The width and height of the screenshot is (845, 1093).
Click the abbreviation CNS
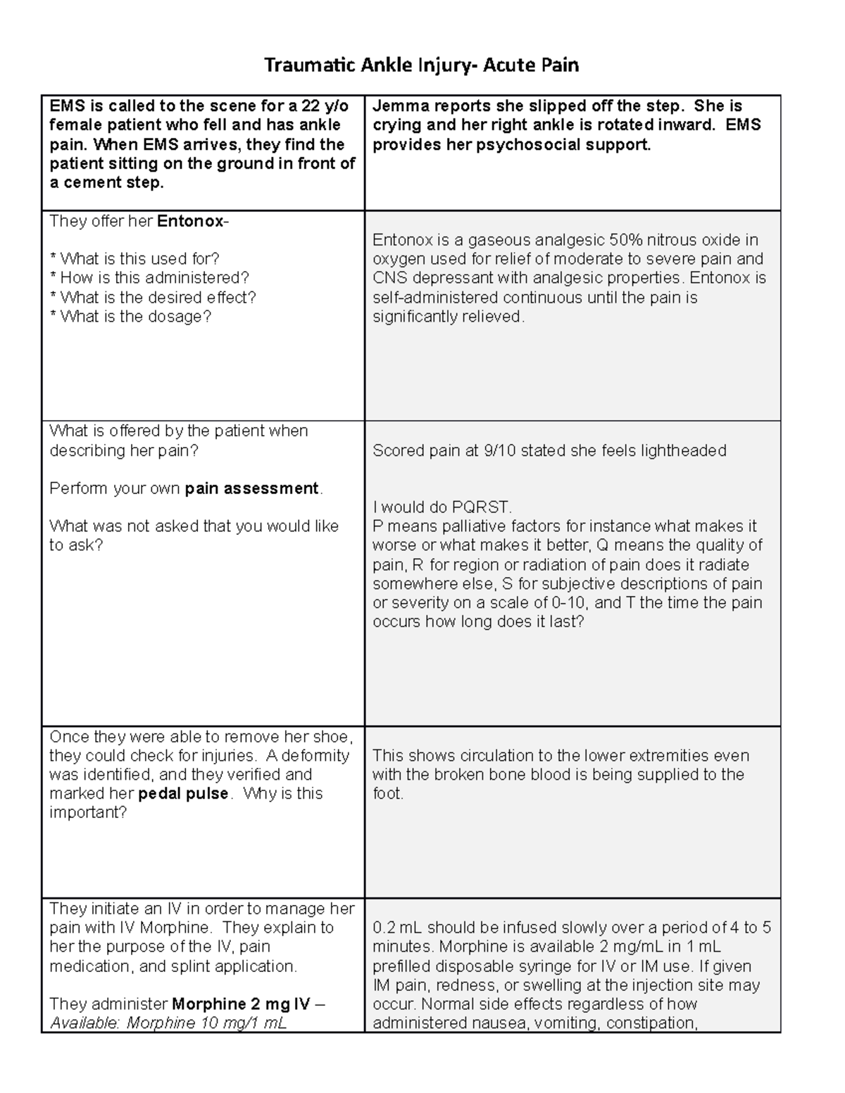[389, 278]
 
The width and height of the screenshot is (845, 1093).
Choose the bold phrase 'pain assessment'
[251, 488]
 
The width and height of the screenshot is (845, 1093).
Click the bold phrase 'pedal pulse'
[183, 794]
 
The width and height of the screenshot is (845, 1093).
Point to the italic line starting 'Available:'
[168, 1023]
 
